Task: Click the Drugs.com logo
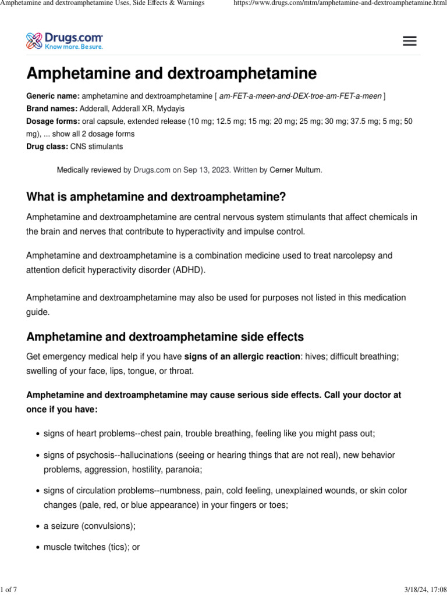(65, 41)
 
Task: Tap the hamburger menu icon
(410, 41)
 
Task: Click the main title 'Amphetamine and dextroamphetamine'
(172, 74)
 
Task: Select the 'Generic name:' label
(53, 96)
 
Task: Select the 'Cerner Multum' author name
(295, 170)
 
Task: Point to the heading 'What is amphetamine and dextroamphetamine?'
(157, 197)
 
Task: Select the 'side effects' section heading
(165, 337)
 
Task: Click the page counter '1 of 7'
(9, 590)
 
